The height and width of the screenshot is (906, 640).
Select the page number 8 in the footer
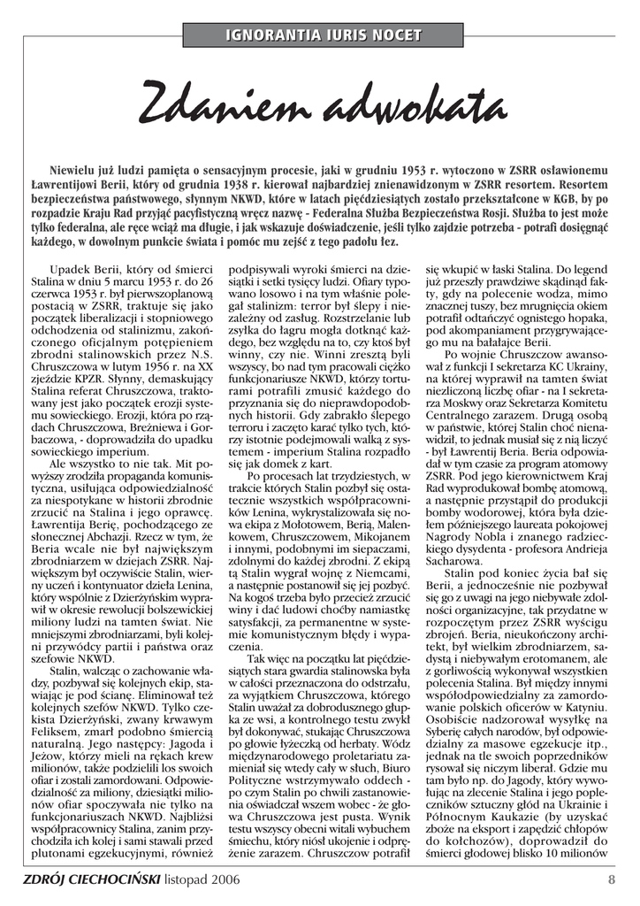(611, 879)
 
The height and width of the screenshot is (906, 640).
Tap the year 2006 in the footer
(223, 879)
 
